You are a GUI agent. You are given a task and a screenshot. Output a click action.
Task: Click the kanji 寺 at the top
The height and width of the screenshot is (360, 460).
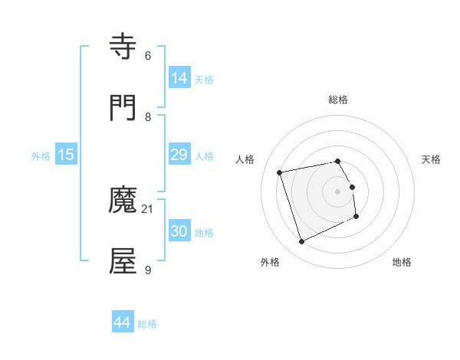coord(123,47)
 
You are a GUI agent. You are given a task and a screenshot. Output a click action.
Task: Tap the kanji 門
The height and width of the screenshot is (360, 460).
coord(123,107)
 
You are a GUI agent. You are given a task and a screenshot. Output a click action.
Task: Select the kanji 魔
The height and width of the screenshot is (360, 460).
coord(123,201)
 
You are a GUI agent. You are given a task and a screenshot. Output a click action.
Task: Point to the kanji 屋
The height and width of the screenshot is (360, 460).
coord(123,261)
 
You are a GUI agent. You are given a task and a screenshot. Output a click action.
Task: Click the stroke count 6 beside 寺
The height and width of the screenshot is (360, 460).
coord(147,56)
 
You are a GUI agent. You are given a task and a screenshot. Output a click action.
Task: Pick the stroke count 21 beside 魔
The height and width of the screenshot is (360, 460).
coord(148,209)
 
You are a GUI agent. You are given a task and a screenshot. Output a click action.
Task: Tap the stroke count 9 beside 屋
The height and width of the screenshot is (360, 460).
coord(147,270)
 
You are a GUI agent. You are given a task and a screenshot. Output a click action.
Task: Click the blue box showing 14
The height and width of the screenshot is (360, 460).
coord(179,78)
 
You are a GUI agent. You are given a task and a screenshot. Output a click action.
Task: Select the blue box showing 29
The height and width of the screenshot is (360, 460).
coord(179,155)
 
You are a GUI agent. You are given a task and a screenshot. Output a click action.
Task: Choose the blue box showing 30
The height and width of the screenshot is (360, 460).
coord(179,231)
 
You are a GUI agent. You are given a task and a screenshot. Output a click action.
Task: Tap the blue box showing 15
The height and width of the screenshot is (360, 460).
coord(66,155)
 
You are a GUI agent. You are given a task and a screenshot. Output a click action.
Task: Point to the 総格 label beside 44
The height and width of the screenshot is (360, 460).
coord(147,324)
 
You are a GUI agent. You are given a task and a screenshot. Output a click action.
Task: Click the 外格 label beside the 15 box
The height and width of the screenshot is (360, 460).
coord(41,156)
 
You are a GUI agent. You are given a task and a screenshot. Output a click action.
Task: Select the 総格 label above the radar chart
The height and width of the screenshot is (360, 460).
coord(338,100)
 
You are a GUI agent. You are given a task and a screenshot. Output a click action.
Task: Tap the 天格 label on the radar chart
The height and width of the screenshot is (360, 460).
coord(432,159)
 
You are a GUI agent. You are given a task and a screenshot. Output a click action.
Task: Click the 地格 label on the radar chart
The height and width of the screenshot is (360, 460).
coord(402,262)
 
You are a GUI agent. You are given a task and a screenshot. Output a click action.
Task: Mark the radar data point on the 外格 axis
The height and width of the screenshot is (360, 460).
coord(301,242)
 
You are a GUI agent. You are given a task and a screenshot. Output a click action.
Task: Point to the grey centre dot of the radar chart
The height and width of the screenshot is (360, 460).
coord(338,191)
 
